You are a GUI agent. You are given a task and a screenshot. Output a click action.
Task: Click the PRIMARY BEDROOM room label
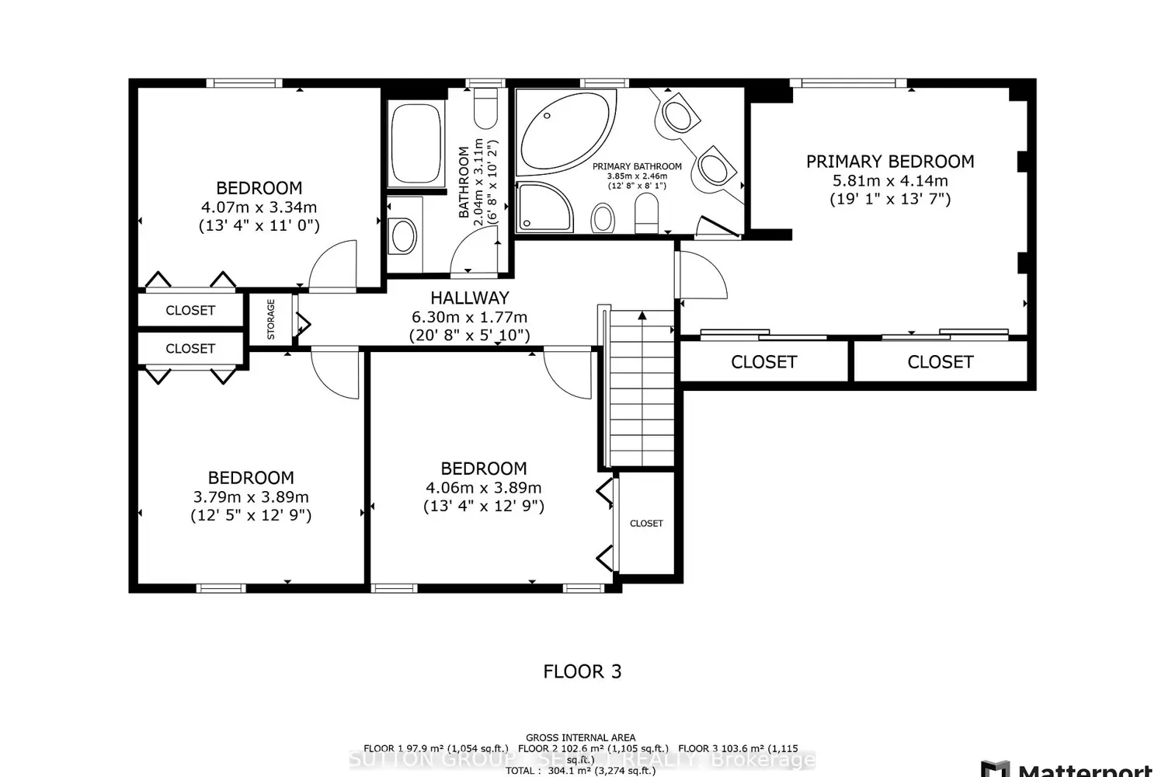pos(890,162)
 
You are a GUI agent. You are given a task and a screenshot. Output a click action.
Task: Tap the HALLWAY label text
pos(470,298)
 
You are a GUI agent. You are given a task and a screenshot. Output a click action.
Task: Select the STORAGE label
pos(271,319)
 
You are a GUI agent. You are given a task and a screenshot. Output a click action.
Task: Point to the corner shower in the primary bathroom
pos(544,207)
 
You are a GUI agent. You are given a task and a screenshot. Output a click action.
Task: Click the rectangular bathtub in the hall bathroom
pos(416,145)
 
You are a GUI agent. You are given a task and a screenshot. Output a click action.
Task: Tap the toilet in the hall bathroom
pos(485,109)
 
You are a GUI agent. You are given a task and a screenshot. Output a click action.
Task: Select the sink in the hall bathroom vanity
pos(403,235)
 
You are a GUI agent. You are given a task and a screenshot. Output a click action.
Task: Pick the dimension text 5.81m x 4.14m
pos(890,180)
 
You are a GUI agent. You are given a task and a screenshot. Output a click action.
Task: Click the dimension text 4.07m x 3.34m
pos(259,207)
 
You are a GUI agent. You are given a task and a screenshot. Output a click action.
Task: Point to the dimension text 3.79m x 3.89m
pos(251,497)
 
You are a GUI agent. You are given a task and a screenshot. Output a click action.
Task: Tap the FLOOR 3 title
pos(582,671)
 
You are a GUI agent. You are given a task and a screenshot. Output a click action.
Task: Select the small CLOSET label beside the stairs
pos(646,524)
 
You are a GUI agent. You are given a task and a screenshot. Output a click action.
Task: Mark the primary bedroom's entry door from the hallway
pos(701,274)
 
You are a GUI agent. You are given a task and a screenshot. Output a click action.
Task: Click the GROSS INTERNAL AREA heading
pos(580,737)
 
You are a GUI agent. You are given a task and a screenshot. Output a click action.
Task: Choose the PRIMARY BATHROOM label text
pos(637,166)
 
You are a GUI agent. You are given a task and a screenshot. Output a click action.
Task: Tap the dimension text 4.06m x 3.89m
pos(483,488)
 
